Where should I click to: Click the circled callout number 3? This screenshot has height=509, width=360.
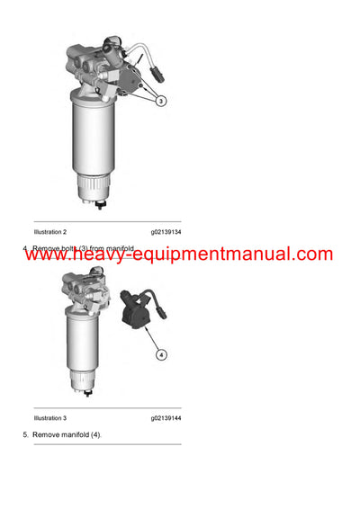click(160, 102)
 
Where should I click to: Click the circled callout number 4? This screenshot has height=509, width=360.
click(161, 354)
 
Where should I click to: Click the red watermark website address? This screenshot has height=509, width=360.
click(179, 254)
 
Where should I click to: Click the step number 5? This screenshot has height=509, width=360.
click(25, 435)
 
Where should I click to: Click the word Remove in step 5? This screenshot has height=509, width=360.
click(45, 435)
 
